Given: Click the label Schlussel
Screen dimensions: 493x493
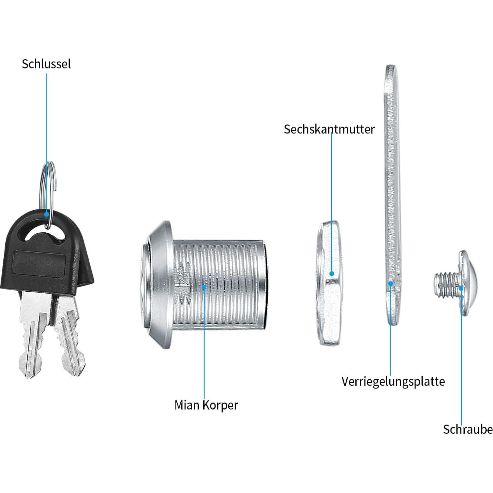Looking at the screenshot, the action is pos(46,64).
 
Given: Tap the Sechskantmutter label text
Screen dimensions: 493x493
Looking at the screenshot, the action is pos(329,129).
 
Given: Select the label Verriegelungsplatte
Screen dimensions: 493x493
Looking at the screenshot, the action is pos(393,382).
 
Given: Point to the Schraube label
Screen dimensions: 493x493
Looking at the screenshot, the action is pos(468,429).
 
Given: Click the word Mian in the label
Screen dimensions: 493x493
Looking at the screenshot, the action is pos(187,405).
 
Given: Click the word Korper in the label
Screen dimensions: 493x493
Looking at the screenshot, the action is pos(220,405).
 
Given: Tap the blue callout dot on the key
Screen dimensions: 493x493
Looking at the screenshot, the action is pos(47,214).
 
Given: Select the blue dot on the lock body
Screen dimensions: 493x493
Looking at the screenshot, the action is pos(204,287).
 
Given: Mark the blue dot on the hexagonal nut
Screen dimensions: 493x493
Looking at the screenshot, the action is pos(332,274).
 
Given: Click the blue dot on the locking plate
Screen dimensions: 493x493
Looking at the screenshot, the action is pos(391,283).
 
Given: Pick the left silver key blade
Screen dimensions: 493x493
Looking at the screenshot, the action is pos(35,333).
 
